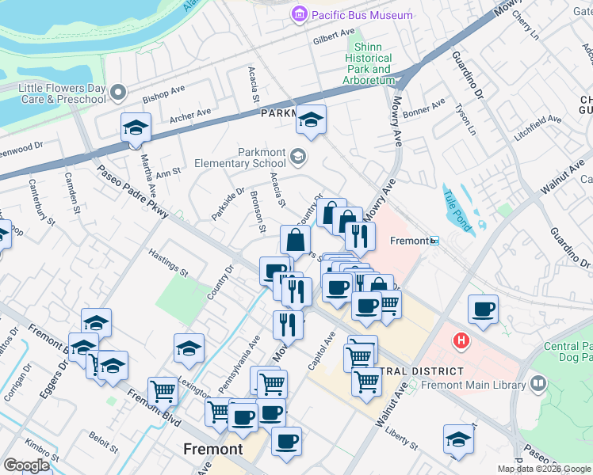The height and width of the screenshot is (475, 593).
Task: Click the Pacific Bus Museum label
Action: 362,15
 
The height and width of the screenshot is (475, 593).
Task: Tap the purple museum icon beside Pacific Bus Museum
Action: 299,15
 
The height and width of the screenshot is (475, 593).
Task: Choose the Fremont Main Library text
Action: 475,386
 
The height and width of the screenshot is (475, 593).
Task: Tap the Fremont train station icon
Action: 434,241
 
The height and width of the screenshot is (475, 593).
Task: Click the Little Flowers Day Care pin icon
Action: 118,93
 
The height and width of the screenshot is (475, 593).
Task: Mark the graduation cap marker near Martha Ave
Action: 136,127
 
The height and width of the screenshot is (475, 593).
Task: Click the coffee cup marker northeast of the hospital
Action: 483,310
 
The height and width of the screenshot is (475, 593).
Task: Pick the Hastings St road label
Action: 168,262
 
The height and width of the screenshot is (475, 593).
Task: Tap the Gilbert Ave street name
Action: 334,36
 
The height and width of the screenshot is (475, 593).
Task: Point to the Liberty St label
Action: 401,435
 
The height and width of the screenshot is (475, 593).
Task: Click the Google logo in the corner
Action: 26,465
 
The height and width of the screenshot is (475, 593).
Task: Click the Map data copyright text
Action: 544,469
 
